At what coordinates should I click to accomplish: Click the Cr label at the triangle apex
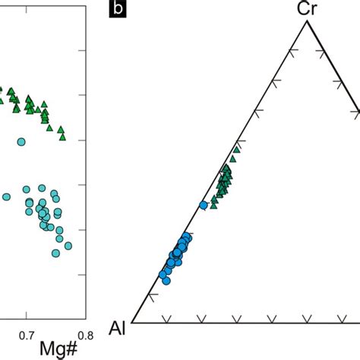[x=306, y=8]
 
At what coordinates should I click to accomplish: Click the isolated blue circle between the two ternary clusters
[x=203, y=205]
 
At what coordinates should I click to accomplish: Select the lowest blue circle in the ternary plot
[x=166, y=280]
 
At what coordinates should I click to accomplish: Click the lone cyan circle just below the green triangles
[x=21, y=141]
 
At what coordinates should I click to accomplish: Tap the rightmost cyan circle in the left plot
[x=68, y=245]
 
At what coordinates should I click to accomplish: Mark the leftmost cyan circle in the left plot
[x=6, y=197]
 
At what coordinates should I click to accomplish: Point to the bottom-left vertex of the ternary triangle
[x=133, y=322]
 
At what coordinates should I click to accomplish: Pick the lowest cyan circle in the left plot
[x=56, y=253]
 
